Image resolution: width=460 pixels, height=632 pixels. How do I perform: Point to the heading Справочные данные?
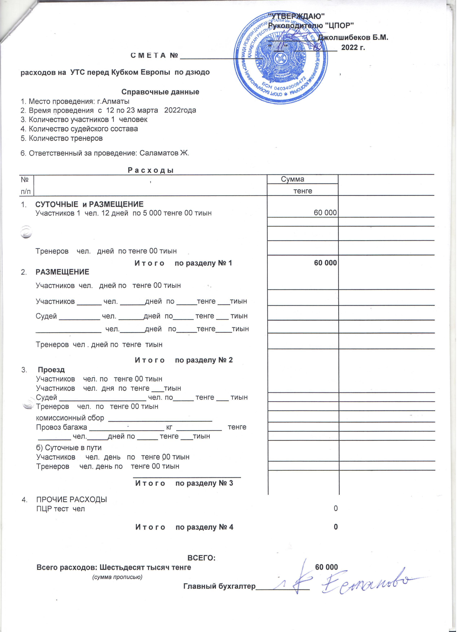[x=161, y=92]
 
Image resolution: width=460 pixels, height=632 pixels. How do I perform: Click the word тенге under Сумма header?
[x=305, y=193]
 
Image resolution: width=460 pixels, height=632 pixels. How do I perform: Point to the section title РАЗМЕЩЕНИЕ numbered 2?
[x=63, y=274]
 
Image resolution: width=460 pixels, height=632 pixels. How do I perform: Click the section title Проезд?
[x=52, y=373]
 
